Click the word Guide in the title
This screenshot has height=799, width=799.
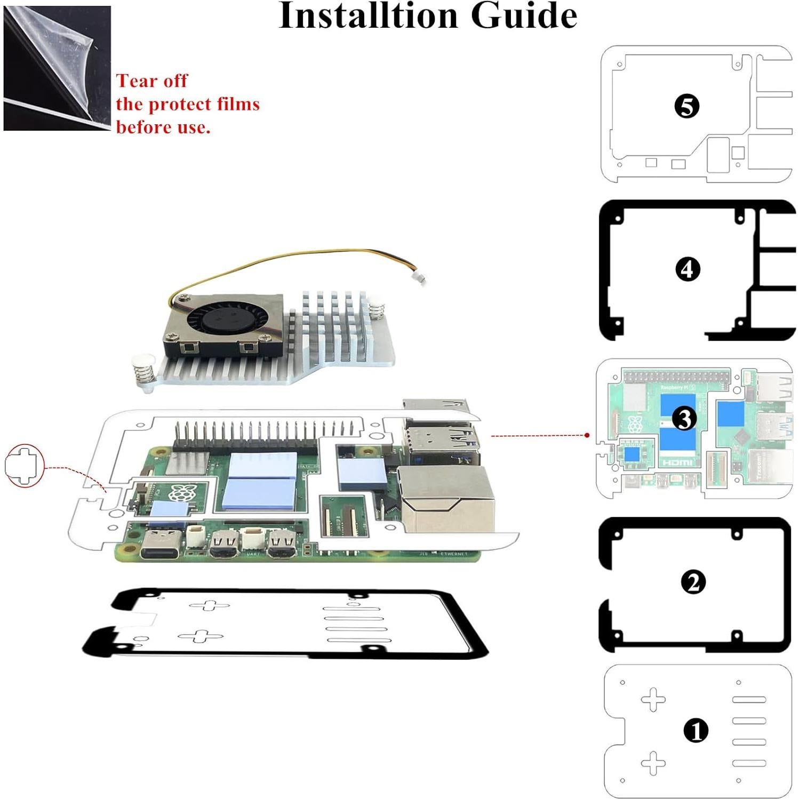point(524,16)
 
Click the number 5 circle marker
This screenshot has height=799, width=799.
point(686,106)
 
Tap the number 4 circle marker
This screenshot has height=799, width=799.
point(687,269)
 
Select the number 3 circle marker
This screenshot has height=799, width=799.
point(684,419)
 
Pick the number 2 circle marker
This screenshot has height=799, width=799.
point(693,582)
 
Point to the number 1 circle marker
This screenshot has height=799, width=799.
point(696,731)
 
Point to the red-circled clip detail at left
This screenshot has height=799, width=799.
point(24,465)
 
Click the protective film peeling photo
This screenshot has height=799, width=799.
point(57,68)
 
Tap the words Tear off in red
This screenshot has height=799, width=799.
point(152,81)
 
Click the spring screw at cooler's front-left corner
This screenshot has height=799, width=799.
point(142,372)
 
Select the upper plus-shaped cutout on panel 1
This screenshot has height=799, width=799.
point(653,700)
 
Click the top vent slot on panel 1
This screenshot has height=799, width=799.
point(749,700)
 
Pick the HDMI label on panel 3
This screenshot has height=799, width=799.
point(677,462)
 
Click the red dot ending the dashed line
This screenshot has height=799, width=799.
point(587,435)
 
